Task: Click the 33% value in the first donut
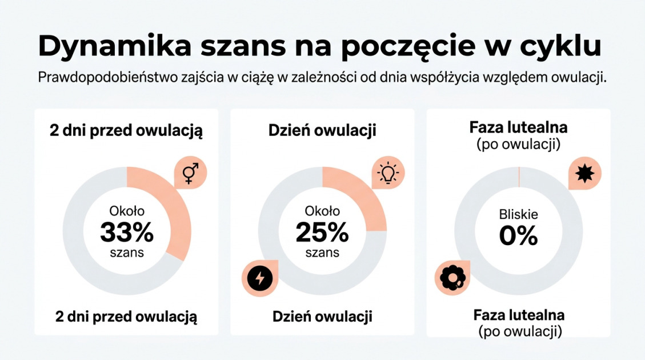[127, 233]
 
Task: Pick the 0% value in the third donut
[518, 235]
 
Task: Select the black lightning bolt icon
[259, 278]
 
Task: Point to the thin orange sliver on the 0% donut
[518, 177]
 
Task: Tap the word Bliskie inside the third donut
[518, 215]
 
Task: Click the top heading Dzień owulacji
[322, 130]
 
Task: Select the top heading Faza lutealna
[518, 127]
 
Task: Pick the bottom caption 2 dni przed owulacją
[126, 317]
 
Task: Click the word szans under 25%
[322, 252]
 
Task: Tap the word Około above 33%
[127, 211]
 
